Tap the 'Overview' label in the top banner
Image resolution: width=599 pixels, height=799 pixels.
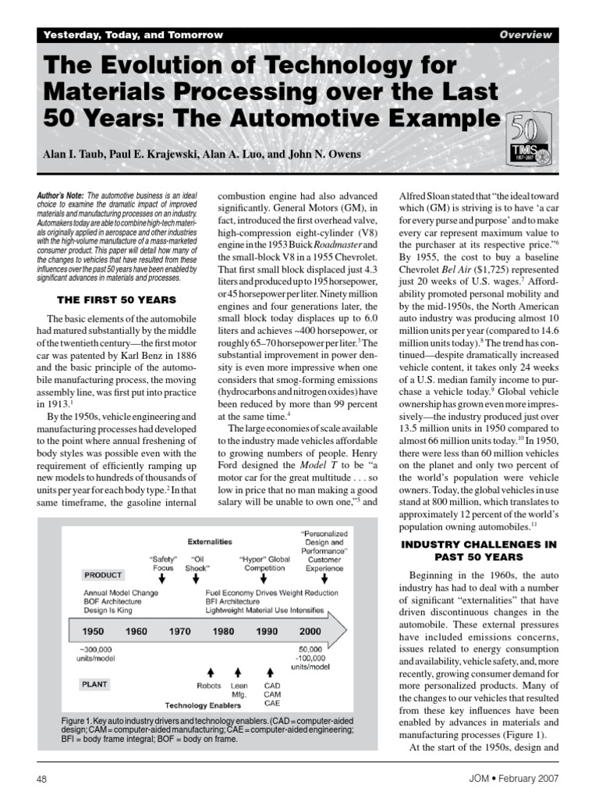[x=526, y=35]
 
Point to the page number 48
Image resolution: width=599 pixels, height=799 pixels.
[x=43, y=779]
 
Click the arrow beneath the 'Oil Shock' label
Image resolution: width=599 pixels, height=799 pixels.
[x=197, y=579]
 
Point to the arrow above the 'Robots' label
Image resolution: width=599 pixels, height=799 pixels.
[x=209, y=671]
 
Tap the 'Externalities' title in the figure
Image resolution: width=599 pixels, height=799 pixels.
[x=210, y=540]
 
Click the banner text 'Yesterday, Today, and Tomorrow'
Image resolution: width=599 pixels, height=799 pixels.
[x=133, y=35]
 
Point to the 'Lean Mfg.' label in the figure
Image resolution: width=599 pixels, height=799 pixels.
[x=239, y=689]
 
